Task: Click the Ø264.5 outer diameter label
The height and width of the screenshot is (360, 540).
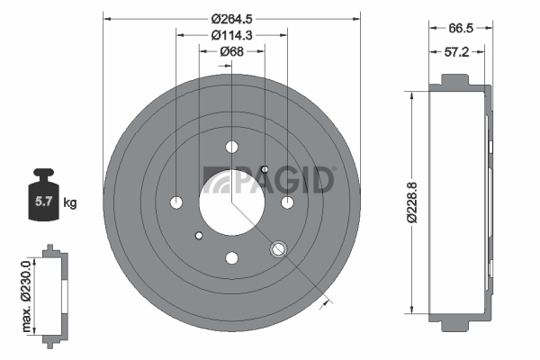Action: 232,19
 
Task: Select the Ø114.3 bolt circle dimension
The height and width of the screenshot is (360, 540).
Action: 232,35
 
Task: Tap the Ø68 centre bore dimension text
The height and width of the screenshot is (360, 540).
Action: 232,51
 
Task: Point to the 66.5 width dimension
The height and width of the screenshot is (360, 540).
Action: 461,28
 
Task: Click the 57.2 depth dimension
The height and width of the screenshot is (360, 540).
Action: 456,52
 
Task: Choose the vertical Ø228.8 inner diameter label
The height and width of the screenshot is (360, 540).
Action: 412,202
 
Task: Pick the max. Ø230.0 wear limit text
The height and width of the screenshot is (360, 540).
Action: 26,296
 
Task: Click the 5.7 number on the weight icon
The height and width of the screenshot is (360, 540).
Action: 43,202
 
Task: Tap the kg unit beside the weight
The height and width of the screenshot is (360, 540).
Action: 70,202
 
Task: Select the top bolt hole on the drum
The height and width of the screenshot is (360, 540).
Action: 232,147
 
